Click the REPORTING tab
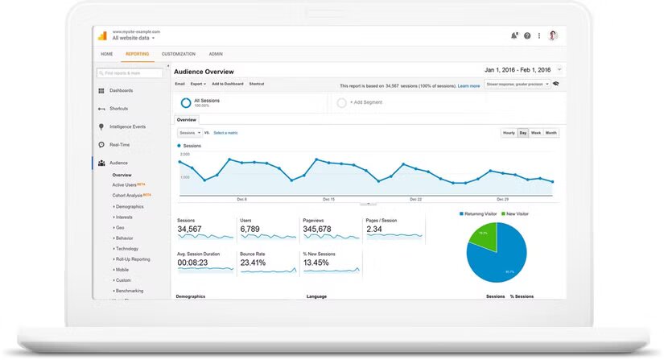click(x=137, y=54)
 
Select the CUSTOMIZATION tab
click(x=178, y=54)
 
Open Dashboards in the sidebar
click(x=121, y=90)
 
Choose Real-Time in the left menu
click(x=119, y=145)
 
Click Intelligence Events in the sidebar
click(x=127, y=126)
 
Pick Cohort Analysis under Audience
click(x=128, y=195)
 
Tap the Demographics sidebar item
click(x=129, y=206)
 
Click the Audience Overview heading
click(x=204, y=72)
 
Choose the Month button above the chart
click(x=551, y=133)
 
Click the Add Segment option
click(x=365, y=102)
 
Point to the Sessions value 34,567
click(x=189, y=230)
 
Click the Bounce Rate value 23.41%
click(x=253, y=263)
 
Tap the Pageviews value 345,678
click(x=317, y=230)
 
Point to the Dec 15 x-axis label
click(x=328, y=199)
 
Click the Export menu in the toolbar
click(x=197, y=84)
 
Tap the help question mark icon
click(x=527, y=35)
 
